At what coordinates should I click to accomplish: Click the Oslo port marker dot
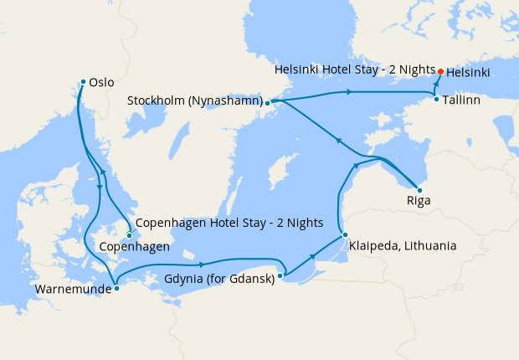coord(83,81)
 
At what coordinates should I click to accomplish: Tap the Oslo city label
coord(102,83)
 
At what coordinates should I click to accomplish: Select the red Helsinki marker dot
coord(440,71)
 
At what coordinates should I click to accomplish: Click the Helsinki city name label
coord(469,73)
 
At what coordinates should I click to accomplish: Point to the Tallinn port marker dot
coord(436,100)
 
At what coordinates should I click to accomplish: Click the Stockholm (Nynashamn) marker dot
coord(267,103)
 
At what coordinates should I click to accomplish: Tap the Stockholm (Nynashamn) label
coord(194,100)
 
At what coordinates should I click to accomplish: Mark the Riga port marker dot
coord(419,190)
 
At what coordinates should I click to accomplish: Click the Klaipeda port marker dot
coord(344,235)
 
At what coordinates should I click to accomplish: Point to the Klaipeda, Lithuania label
coord(403,246)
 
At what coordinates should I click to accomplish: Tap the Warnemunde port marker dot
coord(116,288)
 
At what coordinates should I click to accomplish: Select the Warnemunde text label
coord(72,291)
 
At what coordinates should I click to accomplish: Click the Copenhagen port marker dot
coord(129,235)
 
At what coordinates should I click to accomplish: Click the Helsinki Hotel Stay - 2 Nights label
coord(354,69)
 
